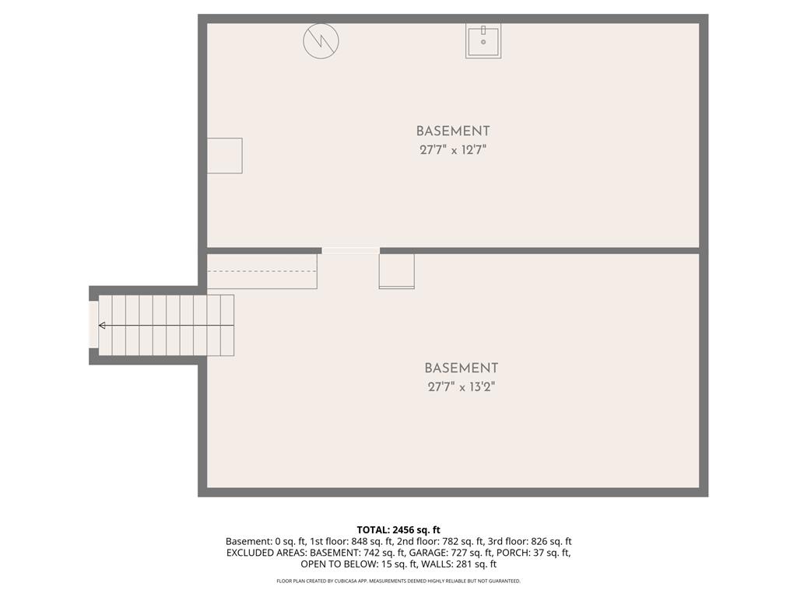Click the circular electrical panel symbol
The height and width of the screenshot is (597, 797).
321,41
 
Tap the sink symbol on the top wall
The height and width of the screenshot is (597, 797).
483,40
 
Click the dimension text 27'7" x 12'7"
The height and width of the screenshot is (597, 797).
453,150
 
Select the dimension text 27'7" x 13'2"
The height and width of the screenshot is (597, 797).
461,387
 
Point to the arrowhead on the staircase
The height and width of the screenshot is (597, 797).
102,326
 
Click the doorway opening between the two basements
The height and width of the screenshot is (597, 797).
351,250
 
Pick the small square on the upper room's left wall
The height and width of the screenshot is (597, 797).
225,155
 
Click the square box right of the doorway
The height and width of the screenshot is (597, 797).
396,271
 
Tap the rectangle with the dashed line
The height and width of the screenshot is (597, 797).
262,271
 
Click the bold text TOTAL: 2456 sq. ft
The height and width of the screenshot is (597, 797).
398,530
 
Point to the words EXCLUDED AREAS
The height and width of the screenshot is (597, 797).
266,553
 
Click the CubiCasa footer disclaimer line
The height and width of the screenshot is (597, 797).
398,581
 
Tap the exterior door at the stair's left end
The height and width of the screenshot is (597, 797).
93,325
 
